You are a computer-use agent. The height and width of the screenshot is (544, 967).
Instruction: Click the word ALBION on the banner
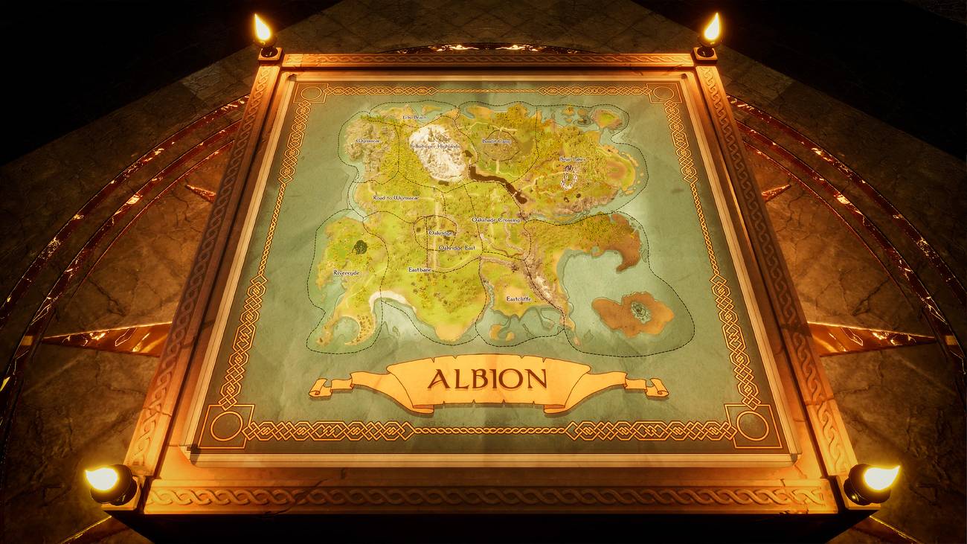point(486,380)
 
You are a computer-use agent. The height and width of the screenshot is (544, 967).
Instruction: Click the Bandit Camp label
point(496,141)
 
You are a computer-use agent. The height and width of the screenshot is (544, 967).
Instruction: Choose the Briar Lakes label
point(573,159)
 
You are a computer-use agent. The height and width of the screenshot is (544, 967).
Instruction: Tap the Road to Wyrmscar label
point(399,198)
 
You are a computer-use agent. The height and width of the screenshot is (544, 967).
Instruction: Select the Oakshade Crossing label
point(496,220)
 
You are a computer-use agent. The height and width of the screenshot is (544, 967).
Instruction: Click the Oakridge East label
point(456,246)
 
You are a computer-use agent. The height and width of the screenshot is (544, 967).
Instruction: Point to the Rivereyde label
point(346,273)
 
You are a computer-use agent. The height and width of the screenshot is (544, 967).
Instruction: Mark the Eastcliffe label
point(518,298)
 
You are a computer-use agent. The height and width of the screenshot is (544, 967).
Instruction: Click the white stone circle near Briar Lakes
point(569,178)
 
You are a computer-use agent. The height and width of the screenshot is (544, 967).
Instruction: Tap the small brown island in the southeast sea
point(632,312)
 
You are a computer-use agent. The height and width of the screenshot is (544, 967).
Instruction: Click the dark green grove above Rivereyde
point(360,246)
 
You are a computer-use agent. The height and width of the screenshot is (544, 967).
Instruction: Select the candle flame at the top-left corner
point(263,30)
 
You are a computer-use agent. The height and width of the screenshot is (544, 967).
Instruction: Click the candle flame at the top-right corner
point(711,29)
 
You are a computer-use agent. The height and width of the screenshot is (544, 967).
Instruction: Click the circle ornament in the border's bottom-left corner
point(225,425)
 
